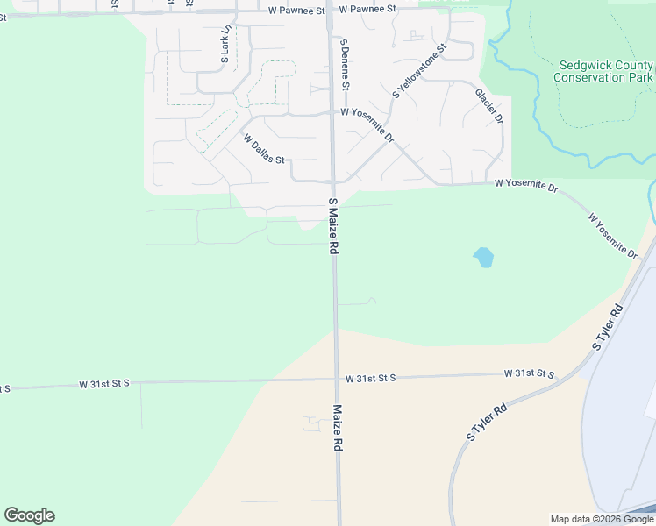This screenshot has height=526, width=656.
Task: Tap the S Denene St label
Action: [346, 64]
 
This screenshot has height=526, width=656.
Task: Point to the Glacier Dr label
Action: [489, 105]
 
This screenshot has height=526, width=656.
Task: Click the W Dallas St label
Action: [265, 149]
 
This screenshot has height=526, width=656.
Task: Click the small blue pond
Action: [483, 258]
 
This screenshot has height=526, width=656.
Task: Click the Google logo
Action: [29, 515]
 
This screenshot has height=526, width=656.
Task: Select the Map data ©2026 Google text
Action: [602, 519]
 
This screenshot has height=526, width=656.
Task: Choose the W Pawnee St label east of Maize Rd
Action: [367, 8]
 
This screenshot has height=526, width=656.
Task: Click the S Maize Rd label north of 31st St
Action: [333, 226]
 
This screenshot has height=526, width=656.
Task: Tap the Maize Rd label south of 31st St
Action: [338, 427]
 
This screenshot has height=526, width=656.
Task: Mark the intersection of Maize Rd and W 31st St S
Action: [336, 379]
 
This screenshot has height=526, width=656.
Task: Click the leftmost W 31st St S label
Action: [104, 384]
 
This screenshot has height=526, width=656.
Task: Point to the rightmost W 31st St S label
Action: [530, 373]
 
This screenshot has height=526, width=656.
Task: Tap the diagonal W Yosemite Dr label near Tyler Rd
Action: [613, 235]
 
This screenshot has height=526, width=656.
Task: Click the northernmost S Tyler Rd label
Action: [608, 327]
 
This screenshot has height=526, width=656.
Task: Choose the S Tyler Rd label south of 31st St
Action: [488, 421]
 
